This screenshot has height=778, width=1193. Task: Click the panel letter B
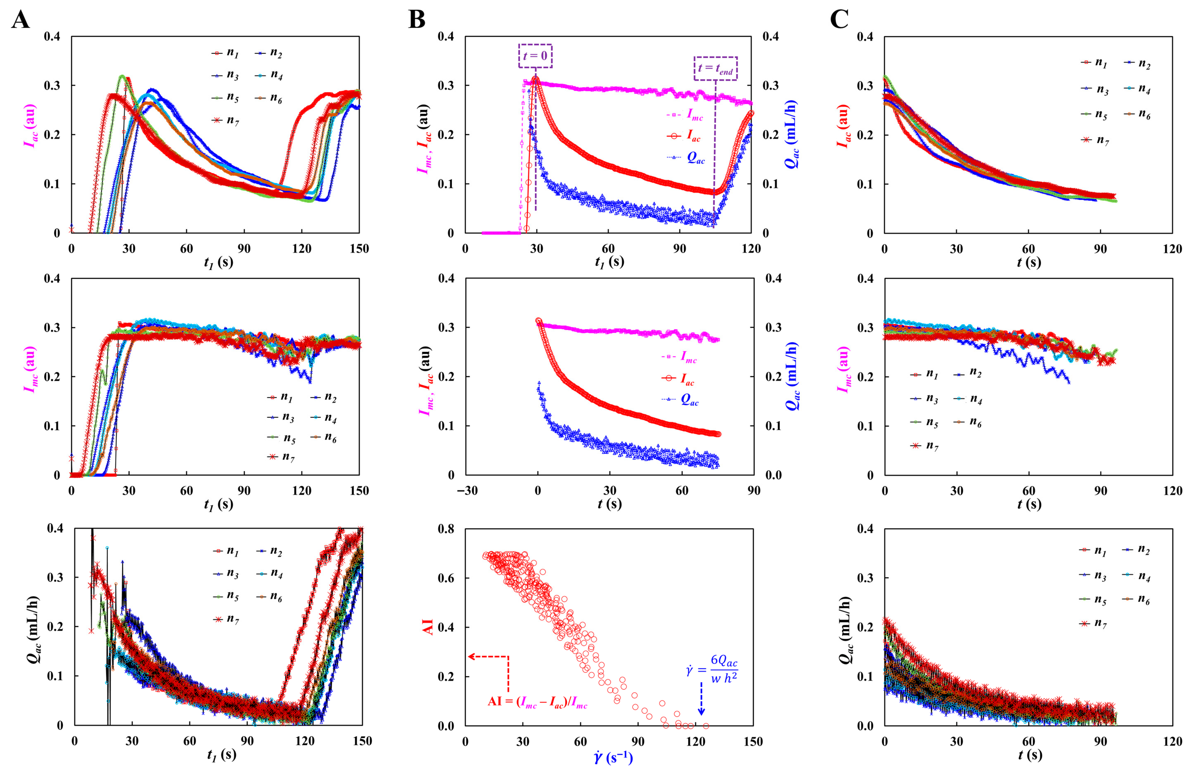417,20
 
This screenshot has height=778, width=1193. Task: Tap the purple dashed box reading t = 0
535,56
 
